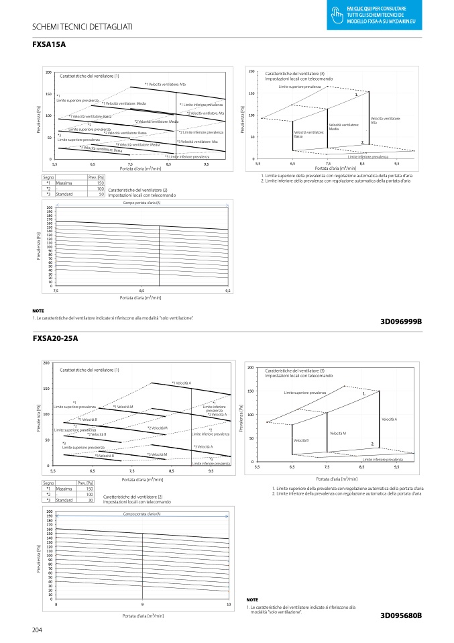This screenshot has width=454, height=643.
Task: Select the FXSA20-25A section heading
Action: coord(55,338)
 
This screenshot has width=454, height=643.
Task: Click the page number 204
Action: coord(38,630)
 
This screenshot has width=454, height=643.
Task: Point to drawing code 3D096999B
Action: coord(401,321)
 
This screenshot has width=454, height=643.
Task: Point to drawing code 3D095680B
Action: coord(401,615)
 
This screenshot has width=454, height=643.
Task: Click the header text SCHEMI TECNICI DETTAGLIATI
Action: coord(82,26)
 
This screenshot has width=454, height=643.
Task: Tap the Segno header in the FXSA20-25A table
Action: coord(48,483)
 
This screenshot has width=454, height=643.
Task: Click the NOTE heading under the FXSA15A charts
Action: coord(38,311)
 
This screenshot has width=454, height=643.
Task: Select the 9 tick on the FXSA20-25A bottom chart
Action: coord(142,605)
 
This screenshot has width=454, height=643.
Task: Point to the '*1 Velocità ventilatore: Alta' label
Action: coord(165,85)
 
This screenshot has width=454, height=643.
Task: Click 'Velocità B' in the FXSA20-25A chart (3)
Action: coord(301,440)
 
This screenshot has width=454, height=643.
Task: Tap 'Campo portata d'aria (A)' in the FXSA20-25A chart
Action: coord(141,513)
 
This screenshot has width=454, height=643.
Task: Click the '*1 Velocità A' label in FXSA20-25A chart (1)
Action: coord(182,383)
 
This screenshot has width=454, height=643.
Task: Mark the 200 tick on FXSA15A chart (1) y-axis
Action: coord(48,72)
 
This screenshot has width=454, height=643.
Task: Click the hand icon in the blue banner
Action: coord(338,10)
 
